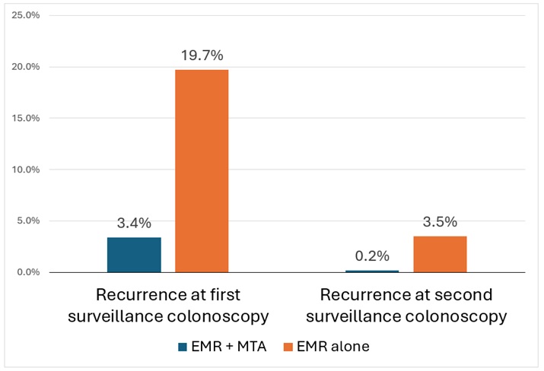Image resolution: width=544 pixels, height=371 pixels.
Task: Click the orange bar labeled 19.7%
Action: (x=202, y=171)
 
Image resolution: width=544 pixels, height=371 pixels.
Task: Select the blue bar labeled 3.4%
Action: (x=134, y=255)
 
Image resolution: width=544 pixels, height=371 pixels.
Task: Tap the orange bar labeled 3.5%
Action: (x=440, y=254)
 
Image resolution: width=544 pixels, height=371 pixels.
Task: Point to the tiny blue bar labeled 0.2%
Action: (x=372, y=271)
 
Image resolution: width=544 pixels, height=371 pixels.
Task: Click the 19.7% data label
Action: (x=202, y=55)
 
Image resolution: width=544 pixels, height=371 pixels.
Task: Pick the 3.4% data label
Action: (x=134, y=224)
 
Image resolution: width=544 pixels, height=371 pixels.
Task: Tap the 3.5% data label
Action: (x=440, y=222)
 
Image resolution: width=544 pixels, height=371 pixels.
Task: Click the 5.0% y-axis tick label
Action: (x=28, y=221)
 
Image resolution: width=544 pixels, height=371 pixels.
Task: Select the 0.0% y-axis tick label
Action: (x=28, y=272)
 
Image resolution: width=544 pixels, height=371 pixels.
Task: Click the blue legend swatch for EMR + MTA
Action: (x=183, y=347)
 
